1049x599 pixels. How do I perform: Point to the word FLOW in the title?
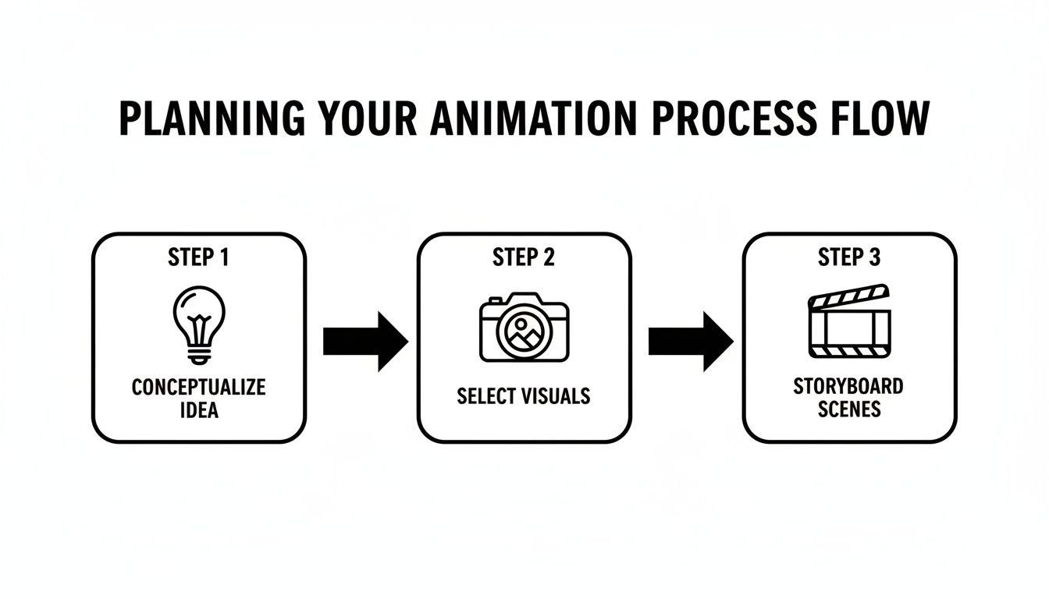883,119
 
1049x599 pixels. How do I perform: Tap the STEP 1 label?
198,258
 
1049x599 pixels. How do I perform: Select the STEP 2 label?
524,258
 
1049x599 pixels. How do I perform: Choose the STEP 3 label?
849,258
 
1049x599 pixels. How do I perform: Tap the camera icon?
524,328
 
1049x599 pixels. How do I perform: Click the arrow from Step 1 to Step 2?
364,342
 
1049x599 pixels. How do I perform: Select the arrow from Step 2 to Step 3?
690,342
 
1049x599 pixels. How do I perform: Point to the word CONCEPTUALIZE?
198,387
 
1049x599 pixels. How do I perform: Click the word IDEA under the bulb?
198,409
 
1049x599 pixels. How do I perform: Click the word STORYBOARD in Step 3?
849,387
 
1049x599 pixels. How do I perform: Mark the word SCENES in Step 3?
849,409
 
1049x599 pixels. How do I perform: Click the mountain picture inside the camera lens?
524,332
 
